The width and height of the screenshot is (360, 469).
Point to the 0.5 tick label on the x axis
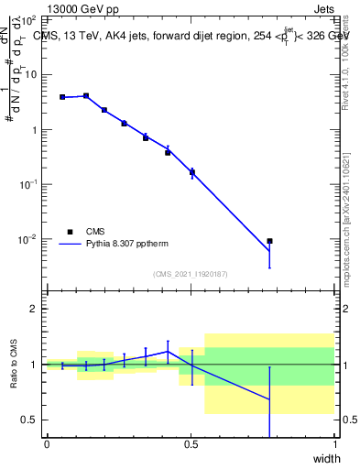tap(191, 444)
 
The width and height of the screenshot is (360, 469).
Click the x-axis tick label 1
tap(335, 444)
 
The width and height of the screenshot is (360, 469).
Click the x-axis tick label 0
tap(47, 444)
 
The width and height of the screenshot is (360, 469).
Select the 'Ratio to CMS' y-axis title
tap(16, 364)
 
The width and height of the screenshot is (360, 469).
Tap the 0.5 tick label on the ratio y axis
tap(30, 420)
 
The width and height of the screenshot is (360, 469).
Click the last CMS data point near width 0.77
tap(269, 241)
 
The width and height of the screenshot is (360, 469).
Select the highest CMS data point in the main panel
tap(86, 95)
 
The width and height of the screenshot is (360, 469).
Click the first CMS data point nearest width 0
tap(62, 97)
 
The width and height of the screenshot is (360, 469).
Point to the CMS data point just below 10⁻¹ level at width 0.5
tap(192, 172)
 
